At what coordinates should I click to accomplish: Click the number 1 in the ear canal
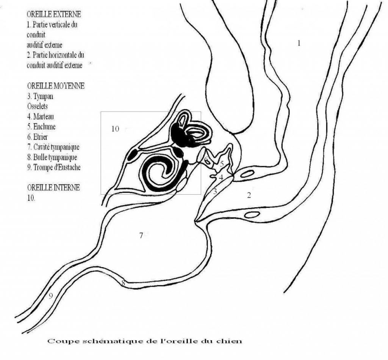coord(299,43)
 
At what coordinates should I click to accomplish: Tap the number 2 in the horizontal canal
coord(249,195)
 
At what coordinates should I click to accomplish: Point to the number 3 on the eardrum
coord(215,191)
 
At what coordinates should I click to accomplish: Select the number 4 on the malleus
coord(221,178)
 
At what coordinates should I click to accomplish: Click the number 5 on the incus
coord(222,164)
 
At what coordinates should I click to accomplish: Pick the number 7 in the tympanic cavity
coord(141,235)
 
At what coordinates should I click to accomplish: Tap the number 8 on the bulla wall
coord(123,283)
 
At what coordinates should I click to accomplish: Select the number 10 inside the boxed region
coord(115,129)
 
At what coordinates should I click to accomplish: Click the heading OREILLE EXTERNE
coord(54,14)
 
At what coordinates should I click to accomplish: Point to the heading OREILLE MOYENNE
coord(56,86)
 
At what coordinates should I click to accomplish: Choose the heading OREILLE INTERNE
coord(53,187)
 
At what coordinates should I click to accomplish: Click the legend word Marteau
coord(44,116)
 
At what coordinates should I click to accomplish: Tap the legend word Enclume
coord(44,127)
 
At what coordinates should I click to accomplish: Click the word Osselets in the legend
coord(38,106)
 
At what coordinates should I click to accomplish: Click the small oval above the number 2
coord(247,173)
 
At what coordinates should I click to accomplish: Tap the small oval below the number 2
coord(252,214)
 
